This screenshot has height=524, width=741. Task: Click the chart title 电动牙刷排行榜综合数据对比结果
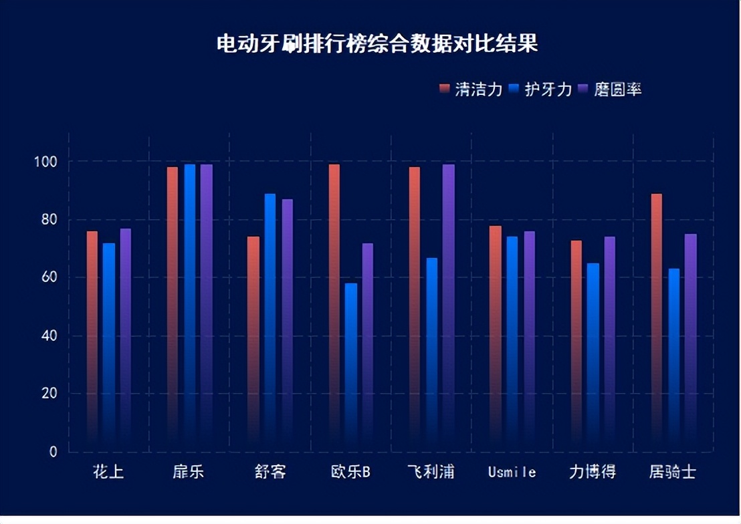pos(377,45)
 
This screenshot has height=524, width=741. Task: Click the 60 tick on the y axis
pos(49,277)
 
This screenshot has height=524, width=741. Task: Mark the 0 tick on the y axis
pos(54,452)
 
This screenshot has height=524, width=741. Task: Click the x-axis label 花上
pos(108,473)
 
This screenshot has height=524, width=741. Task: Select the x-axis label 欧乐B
pos(350,473)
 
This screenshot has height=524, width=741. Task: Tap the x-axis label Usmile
pos(512,473)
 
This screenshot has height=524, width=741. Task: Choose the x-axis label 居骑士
pos(672,473)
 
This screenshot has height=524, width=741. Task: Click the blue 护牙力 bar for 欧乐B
pos(351,361)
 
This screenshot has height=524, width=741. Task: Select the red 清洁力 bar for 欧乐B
pos(334,301)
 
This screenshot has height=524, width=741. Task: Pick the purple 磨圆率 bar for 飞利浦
pos(449,301)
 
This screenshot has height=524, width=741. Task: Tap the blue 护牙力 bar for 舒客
pos(270,321)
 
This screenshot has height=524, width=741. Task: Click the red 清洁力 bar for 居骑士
pos(656,321)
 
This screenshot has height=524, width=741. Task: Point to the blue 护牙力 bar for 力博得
pos(593,354)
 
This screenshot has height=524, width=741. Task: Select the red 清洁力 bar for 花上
pos(92,334)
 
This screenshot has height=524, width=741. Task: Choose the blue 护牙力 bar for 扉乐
pos(190,301)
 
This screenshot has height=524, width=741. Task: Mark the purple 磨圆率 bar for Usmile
pos(529,334)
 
